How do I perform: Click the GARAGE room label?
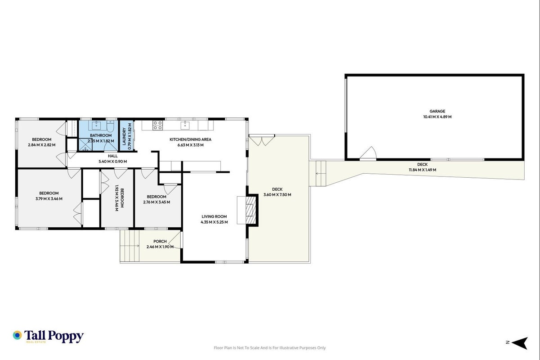click(437, 111)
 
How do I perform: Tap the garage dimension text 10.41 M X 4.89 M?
click(437, 117)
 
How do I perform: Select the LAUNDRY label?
click(124, 136)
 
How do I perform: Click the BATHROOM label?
click(101, 135)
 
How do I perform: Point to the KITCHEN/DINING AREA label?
click(191, 139)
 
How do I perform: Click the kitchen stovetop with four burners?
click(158, 126)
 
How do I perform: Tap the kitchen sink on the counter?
click(185, 125)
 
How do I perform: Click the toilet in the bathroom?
click(110, 126)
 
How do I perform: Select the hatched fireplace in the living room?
click(250, 210)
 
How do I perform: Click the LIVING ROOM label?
click(214, 217)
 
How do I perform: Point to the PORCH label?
click(160, 241)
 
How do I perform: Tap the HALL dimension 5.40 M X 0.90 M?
click(113, 162)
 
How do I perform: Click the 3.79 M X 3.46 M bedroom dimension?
click(49, 199)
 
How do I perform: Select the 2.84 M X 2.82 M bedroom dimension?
click(42, 145)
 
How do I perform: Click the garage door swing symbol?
click(368, 153)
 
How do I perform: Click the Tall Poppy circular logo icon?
click(18, 335)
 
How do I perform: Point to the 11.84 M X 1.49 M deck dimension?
click(422, 170)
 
